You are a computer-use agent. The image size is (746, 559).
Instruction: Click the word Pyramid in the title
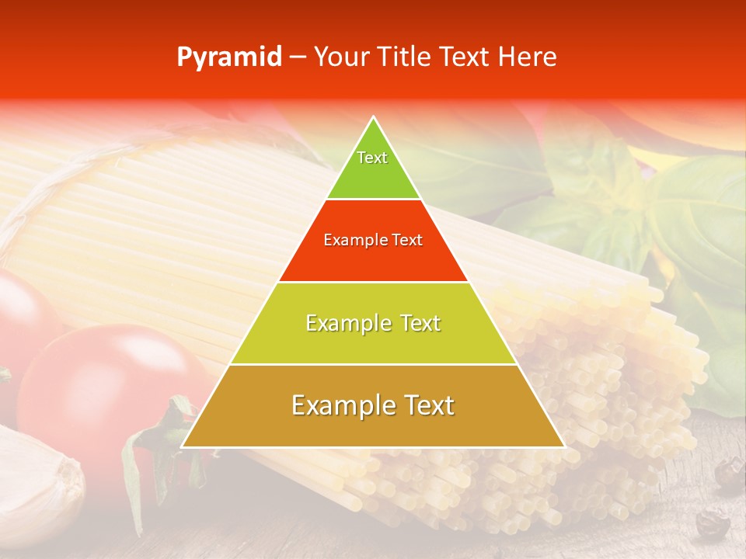coord(229,57)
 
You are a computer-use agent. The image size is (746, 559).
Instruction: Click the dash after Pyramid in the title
coord(297,57)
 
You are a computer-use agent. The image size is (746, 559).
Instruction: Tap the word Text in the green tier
coord(372,158)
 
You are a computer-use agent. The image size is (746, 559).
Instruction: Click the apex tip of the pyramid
coord(374,118)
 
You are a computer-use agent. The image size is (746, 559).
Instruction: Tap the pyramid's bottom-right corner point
coord(563,446)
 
